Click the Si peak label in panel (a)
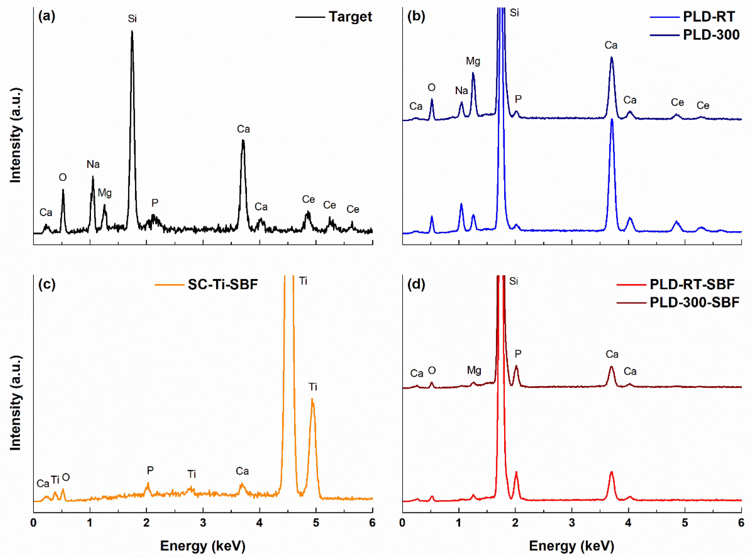[132, 19]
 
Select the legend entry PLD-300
[711, 35]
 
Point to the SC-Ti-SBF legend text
[223, 284]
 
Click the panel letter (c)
[47, 284]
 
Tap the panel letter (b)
[416, 16]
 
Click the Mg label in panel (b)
[473, 61]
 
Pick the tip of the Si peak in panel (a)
[132, 32]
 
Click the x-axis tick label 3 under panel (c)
[203, 523]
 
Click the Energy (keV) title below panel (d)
[571, 546]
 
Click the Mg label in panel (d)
[474, 371]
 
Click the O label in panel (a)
[63, 177]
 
